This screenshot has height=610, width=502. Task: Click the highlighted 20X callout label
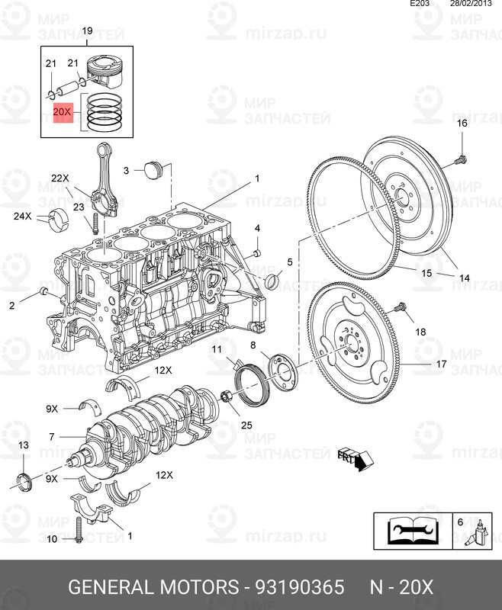(62, 112)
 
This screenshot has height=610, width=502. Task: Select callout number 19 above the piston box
(87, 30)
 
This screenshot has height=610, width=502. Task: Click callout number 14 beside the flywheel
(465, 278)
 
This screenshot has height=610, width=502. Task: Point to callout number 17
(441, 364)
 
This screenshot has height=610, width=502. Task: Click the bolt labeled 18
(401, 308)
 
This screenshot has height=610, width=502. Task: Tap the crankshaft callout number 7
(51, 437)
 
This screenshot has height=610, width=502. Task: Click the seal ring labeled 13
(25, 479)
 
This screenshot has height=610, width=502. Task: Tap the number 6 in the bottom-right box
(459, 522)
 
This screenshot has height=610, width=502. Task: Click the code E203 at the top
(420, 5)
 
